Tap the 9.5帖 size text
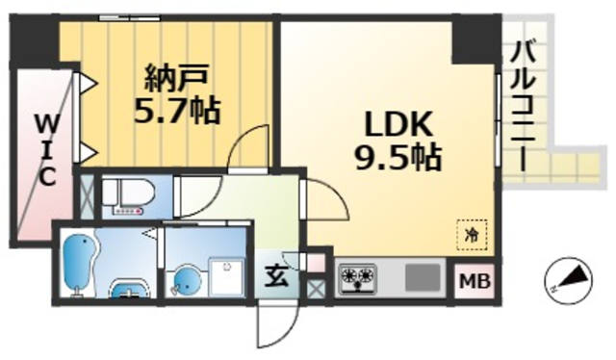click(397, 156)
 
